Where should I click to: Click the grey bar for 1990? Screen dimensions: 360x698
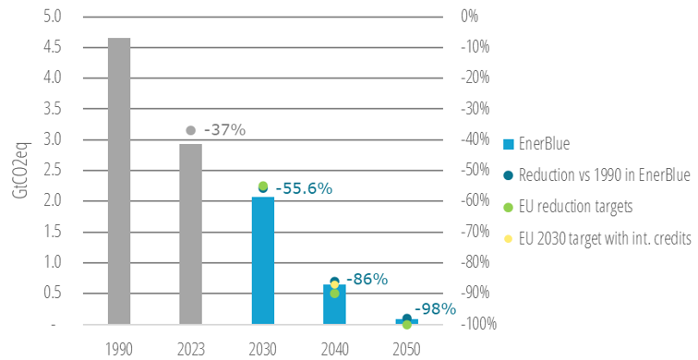click(x=119, y=181)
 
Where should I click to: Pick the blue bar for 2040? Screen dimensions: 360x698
click(x=334, y=305)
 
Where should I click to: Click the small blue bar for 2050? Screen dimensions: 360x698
click(x=406, y=321)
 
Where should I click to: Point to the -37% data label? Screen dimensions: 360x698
click(x=224, y=130)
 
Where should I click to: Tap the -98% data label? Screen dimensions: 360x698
click(x=435, y=308)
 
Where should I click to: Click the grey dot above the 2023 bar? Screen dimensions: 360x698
click(x=191, y=130)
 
